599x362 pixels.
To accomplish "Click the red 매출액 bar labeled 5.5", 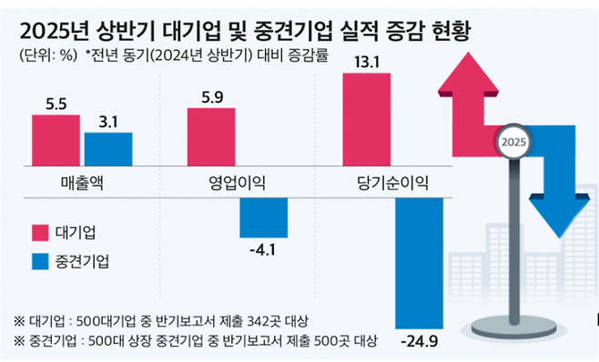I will click(x=56, y=142).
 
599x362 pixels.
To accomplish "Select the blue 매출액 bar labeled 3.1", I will click(x=108, y=151).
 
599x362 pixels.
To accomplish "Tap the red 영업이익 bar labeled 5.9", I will click(x=210, y=138).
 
